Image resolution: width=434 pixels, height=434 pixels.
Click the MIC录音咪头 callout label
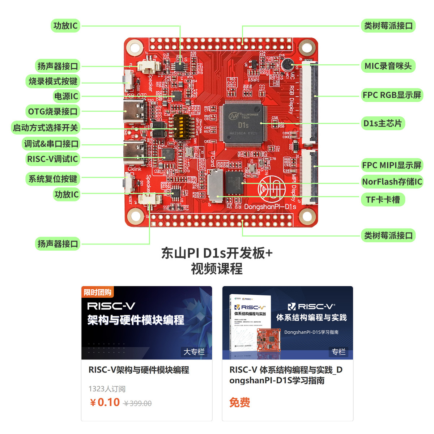coord(388,66)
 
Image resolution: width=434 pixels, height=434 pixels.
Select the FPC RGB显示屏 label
coord(392,95)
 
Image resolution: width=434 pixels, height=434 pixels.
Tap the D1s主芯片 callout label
coord(382,123)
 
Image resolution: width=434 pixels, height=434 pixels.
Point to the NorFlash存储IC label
coord(392,182)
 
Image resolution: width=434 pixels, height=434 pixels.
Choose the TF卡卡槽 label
coord(383,199)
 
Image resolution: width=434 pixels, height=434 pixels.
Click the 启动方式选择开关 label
coord(46,128)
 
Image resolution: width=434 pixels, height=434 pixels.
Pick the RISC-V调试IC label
coord(52,159)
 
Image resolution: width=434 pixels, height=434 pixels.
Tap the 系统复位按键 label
coord(53,179)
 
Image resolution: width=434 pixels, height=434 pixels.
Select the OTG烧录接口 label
coord(53,111)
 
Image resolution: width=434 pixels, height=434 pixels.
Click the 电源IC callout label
coord(66,96)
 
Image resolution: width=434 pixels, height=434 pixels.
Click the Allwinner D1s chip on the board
coord(243,124)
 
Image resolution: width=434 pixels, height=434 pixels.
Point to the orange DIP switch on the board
coord(180,126)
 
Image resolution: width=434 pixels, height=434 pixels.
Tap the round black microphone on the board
coord(288,65)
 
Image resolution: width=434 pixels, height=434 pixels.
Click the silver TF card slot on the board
coord(216,186)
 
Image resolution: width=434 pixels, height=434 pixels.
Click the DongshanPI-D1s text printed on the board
coord(270,207)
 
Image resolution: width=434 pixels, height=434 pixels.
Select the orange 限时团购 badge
coord(97,292)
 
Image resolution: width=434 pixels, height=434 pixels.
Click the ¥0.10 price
coord(105,402)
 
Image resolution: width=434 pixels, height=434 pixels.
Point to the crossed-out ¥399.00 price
coord(138,403)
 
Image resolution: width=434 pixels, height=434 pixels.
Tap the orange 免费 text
coord(239,402)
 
